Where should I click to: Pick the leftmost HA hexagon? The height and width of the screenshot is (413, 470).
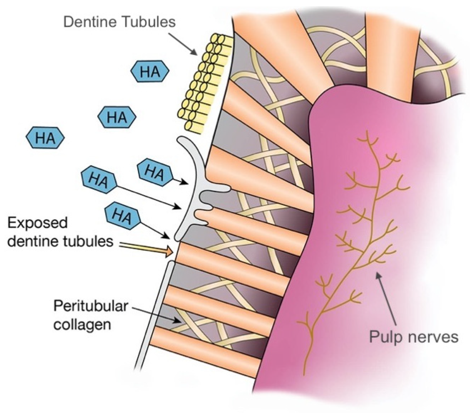tap(45, 137)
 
